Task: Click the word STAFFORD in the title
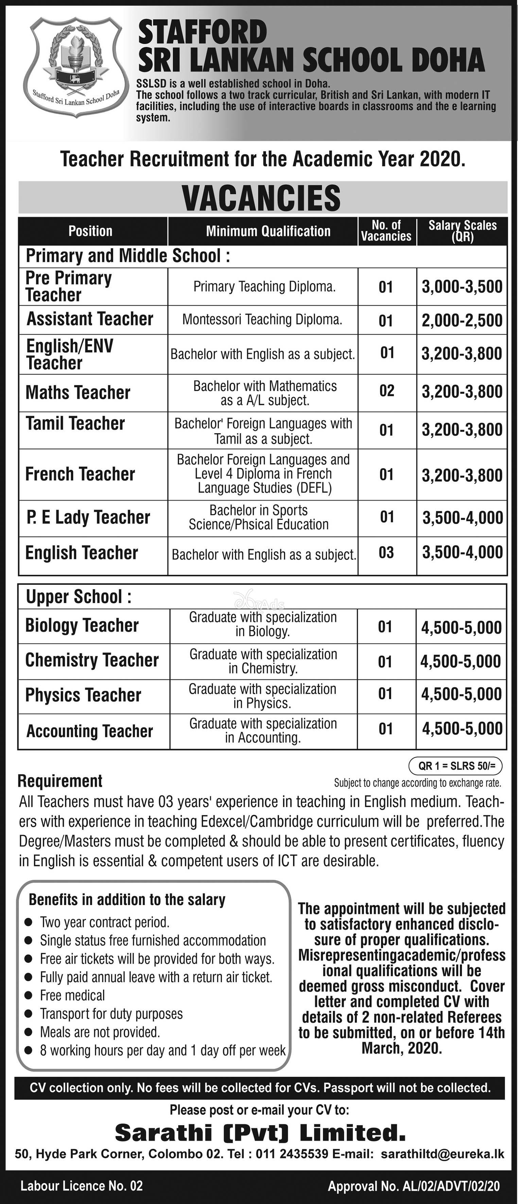click(203, 34)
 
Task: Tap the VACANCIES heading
click(262, 198)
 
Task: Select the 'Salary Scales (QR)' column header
click(462, 231)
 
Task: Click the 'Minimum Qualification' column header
click(268, 231)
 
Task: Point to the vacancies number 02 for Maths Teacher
click(386, 391)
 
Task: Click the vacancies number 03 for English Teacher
click(386, 553)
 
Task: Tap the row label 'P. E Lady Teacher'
click(88, 518)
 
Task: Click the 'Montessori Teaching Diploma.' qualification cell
click(262, 320)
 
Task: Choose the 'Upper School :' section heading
click(79, 597)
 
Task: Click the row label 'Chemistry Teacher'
click(92, 660)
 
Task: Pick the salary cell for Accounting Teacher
click(462, 729)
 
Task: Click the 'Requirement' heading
click(60, 781)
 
